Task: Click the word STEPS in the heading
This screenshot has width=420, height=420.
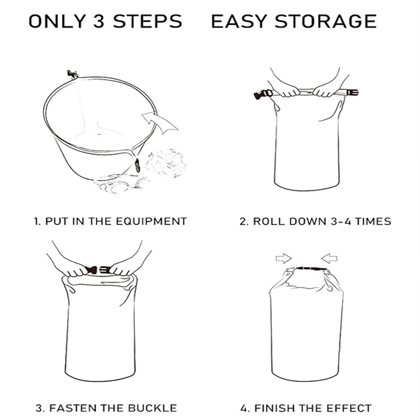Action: pos(148,21)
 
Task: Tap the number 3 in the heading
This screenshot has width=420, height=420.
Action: pos(99,21)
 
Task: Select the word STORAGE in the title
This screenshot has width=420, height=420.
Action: pos(326,21)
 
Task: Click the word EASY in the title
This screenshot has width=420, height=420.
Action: pos(239,21)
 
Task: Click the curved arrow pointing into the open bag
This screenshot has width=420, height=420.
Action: pos(159,122)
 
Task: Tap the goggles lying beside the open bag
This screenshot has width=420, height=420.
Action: pos(122,184)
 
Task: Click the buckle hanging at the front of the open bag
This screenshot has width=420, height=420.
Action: pos(137,165)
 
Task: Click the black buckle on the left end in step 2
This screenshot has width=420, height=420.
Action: pos(263,94)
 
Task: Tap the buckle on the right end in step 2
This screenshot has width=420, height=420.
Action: pos(352,93)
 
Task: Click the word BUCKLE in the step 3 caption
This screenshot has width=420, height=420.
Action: pos(152,408)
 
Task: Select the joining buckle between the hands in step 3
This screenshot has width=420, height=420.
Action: pos(97,269)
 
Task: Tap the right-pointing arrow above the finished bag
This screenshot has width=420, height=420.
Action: pos(284,259)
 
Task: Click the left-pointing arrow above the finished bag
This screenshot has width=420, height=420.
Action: pos(329,259)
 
